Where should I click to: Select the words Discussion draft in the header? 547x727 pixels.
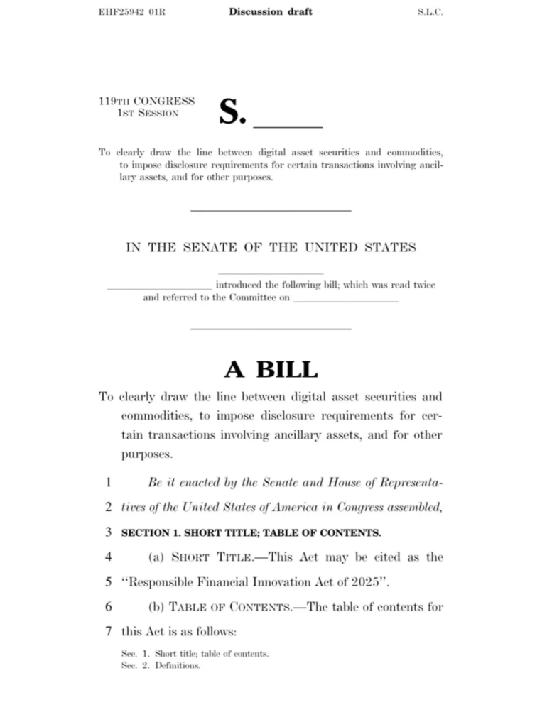coord(271,12)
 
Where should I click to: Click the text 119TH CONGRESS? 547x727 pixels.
coord(146,102)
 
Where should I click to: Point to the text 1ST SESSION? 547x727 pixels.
coord(148,114)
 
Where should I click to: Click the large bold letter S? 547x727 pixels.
coord(232,112)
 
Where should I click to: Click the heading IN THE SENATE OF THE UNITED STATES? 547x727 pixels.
coord(271,248)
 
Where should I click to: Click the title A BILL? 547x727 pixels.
coord(271,369)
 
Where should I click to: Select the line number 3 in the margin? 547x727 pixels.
coord(108,532)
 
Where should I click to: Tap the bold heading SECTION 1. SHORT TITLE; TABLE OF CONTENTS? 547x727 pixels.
coord(251,532)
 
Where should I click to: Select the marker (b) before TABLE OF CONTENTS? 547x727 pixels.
coord(156,606)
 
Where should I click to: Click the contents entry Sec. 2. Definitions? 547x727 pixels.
coord(161,667)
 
